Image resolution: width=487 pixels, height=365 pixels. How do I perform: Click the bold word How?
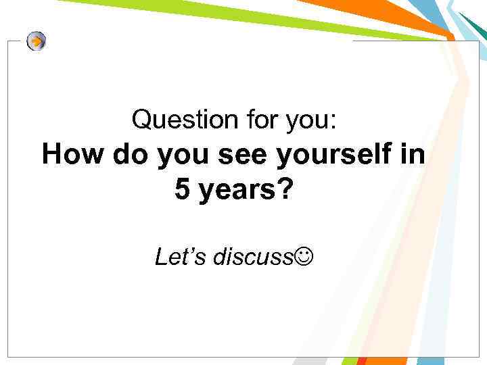(73, 155)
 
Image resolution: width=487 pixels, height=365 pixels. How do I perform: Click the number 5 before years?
(182, 190)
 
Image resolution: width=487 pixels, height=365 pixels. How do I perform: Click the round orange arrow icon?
(37, 41)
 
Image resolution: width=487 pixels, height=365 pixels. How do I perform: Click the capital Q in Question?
(141, 120)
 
